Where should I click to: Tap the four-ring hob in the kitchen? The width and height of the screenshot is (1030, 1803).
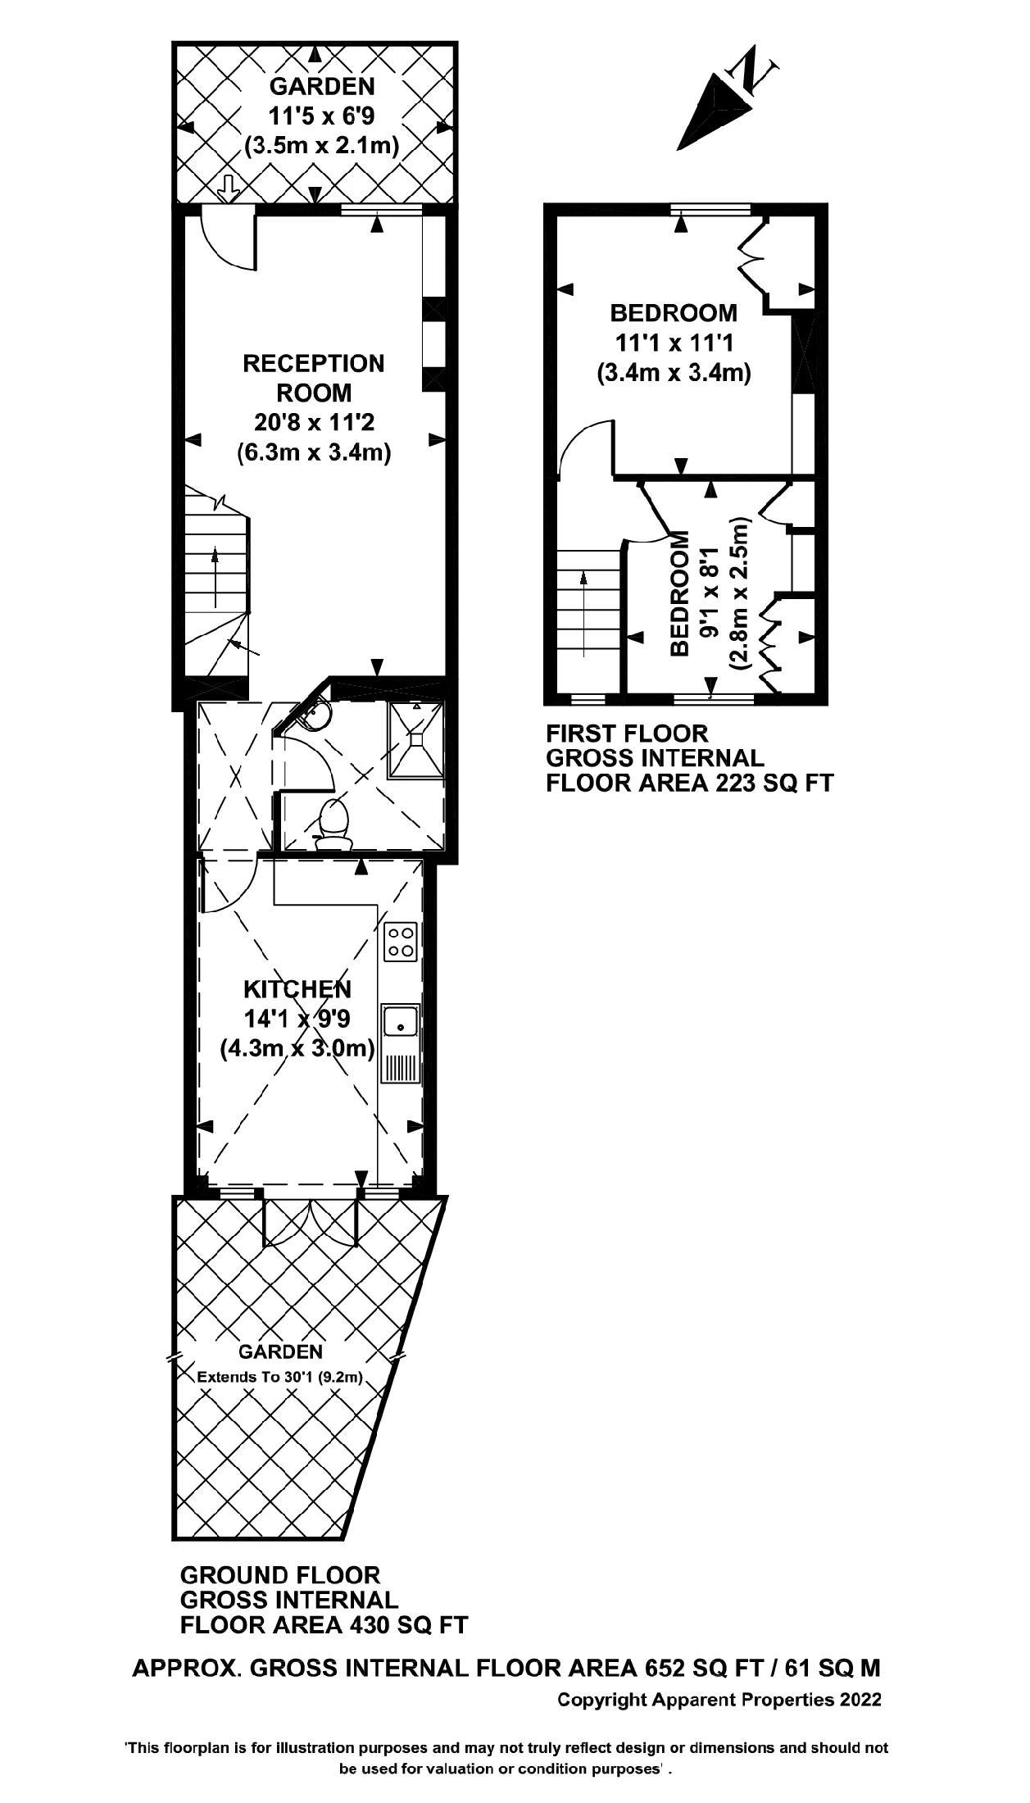coord(401,942)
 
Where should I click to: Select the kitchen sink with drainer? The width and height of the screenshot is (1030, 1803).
coord(401,1043)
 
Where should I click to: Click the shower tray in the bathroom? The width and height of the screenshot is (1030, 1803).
coord(416,738)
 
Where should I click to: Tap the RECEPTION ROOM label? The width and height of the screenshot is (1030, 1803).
coord(314,378)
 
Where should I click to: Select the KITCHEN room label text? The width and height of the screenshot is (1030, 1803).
coord(297,989)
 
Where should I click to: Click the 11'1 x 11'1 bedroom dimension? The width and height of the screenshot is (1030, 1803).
coord(673,343)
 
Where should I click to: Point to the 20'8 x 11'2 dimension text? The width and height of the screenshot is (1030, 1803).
coord(314,423)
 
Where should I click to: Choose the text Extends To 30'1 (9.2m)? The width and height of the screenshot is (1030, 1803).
coord(280,1377)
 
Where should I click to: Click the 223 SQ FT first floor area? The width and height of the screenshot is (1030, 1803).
coord(774,783)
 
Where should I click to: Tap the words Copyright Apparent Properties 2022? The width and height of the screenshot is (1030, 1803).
coord(719,1700)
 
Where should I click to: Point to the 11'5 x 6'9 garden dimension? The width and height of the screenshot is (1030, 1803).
coord(321,116)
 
